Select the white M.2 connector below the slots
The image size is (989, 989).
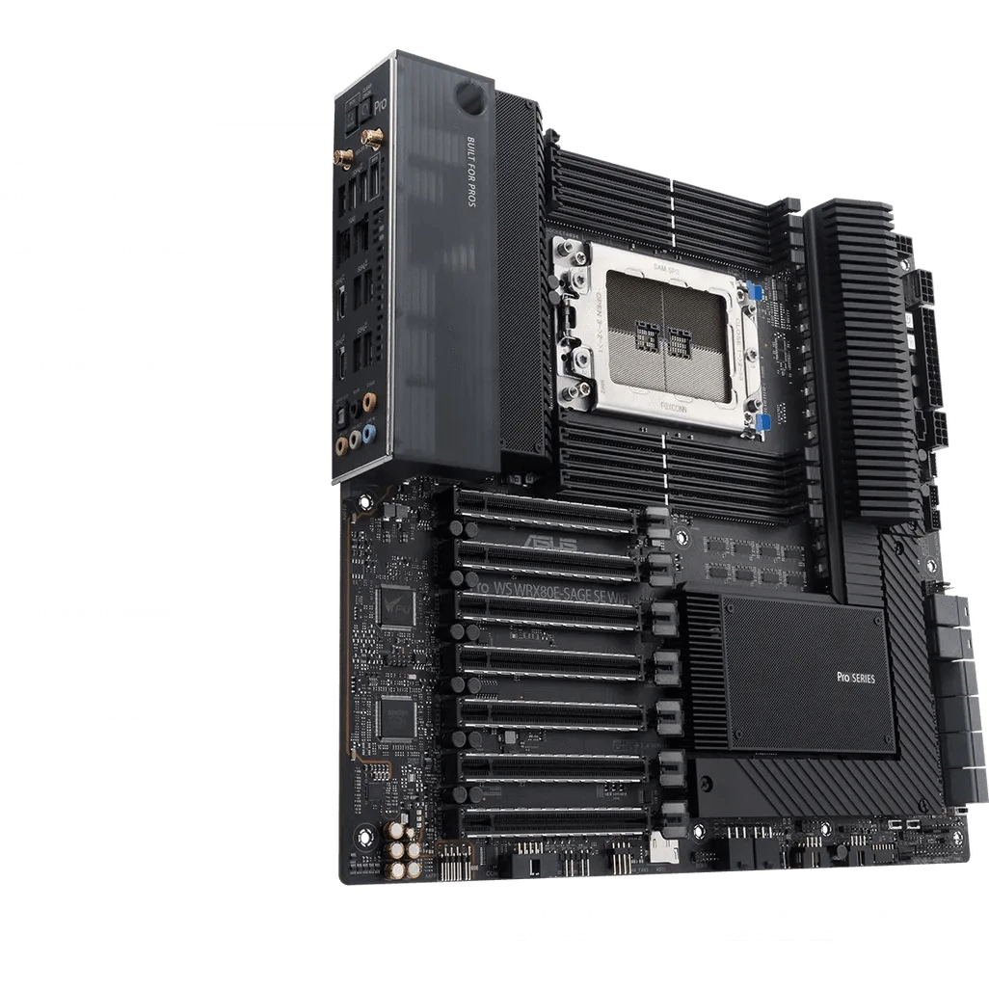pos(662,847)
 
